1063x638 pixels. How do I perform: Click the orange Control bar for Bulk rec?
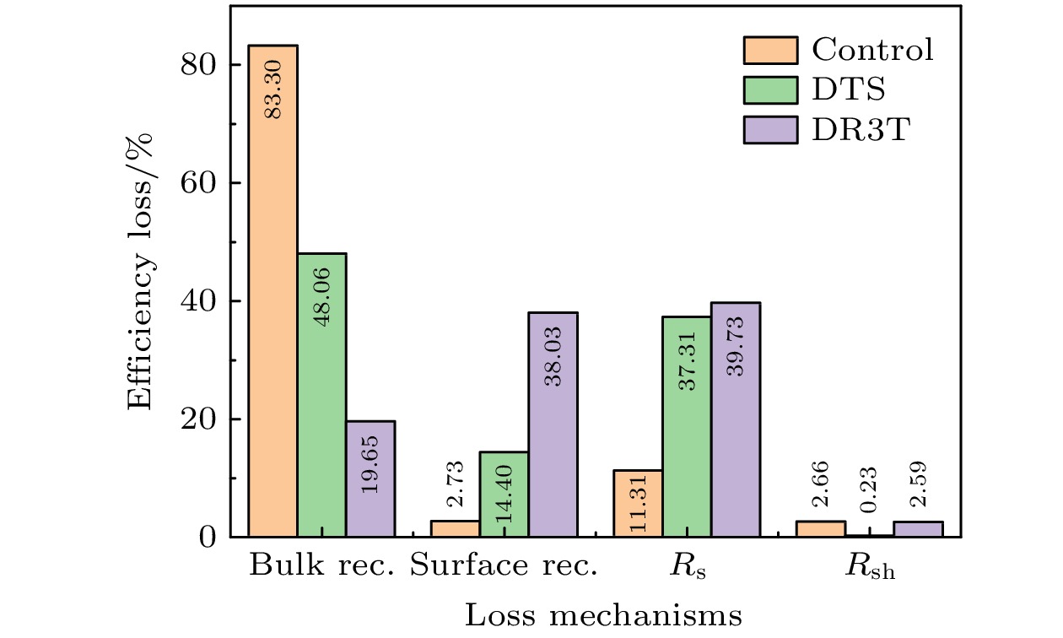(272, 290)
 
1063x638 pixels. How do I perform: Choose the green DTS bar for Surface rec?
(505, 494)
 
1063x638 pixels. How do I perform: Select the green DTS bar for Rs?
(687, 426)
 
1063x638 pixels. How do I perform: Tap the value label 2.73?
(456, 484)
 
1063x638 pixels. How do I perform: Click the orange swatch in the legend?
(770, 50)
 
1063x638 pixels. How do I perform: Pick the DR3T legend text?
(860, 130)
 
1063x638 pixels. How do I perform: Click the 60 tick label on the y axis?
(199, 183)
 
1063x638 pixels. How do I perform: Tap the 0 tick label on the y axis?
(209, 537)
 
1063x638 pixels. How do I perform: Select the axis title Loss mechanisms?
(603, 615)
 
